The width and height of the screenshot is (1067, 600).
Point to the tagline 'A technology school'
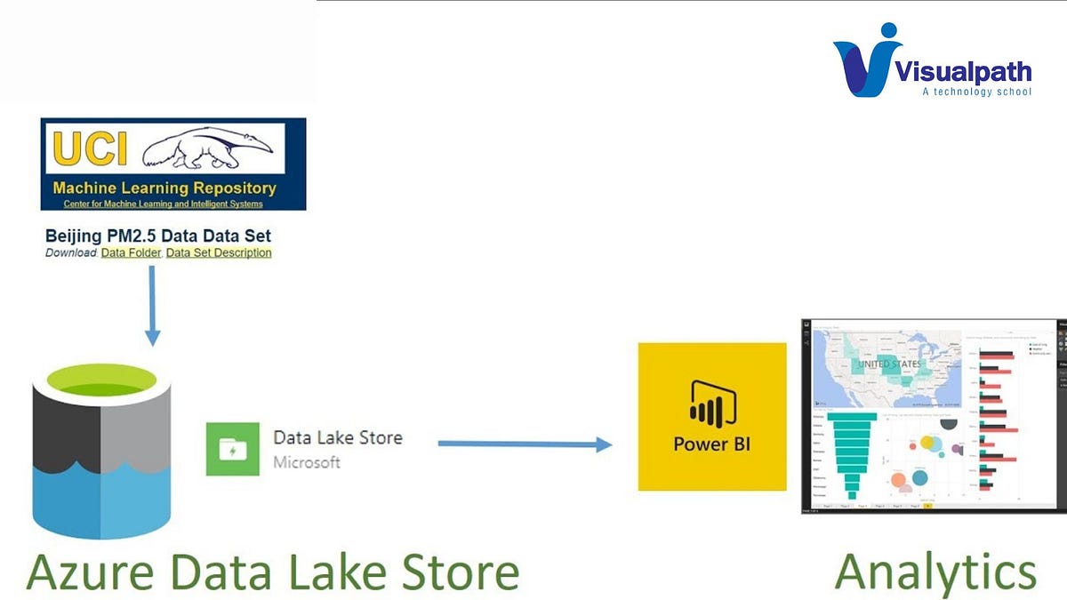click(976, 92)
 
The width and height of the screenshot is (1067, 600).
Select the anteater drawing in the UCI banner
click(210, 148)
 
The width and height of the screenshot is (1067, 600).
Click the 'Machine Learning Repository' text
click(164, 188)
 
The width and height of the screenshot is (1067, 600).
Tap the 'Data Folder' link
click(131, 252)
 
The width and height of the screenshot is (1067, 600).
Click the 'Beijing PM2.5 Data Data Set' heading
click(158, 236)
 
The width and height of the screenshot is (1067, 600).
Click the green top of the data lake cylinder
click(100, 380)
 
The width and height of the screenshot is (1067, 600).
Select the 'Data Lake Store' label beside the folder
click(337, 437)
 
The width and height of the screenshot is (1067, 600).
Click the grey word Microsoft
click(307, 462)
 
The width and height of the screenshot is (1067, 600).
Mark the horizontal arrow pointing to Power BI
click(525, 444)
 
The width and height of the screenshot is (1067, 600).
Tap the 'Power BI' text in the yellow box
click(711, 444)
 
